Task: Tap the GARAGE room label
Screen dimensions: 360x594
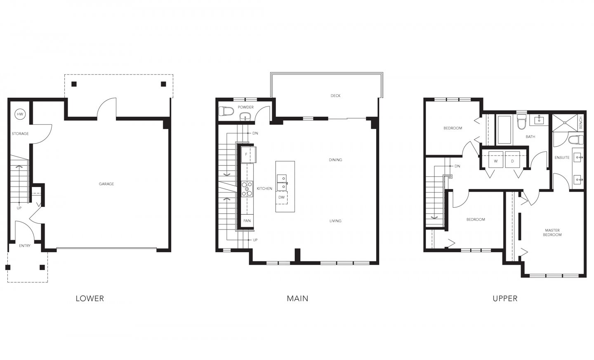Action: (x=106, y=184)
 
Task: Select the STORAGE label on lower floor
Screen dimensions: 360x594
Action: (x=20, y=134)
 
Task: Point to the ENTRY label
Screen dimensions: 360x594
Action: (x=25, y=246)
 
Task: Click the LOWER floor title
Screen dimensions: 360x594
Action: (x=90, y=298)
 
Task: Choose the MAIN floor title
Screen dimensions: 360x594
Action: (x=297, y=298)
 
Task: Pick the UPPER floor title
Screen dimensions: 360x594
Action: (x=505, y=298)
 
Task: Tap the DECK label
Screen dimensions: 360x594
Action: (x=335, y=96)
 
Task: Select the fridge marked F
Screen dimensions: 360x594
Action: (x=247, y=154)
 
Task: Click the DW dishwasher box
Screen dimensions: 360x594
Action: (x=281, y=197)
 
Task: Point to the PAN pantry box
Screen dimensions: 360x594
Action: (x=247, y=221)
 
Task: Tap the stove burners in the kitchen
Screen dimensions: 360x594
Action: (x=247, y=189)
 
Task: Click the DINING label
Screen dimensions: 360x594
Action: (x=335, y=160)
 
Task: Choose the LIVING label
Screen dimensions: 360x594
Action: (x=335, y=221)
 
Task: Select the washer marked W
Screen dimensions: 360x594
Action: (x=495, y=161)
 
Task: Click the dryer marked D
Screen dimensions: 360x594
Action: (x=513, y=161)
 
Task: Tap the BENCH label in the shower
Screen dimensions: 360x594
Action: (x=581, y=123)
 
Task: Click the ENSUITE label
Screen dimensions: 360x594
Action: (x=562, y=158)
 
